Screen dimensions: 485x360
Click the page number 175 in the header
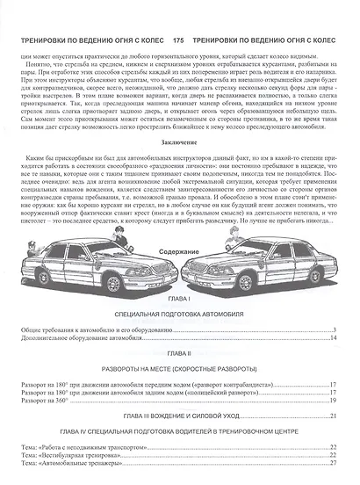click(178, 40)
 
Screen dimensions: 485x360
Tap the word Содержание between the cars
click(179, 251)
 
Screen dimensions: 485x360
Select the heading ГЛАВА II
click(179, 349)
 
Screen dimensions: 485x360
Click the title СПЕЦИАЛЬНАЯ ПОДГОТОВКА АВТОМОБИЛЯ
click(179, 313)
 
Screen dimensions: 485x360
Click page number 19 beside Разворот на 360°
click(333, 399)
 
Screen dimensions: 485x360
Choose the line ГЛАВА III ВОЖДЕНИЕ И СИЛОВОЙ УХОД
click(179, 414)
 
